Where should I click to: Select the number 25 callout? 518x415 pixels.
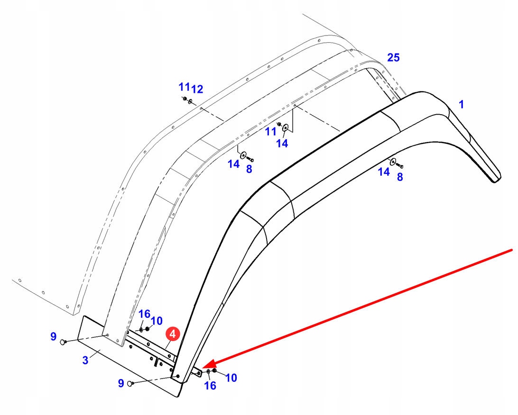click(x=393, y=58)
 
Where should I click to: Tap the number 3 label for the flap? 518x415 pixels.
click(x=85, y=360)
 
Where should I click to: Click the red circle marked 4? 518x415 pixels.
click(x=172, y=334)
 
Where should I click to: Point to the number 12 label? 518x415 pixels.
click(x=197, y=89)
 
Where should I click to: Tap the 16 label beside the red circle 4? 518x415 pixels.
click(x=145, y=314)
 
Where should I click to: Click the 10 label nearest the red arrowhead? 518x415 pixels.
click(x=231, y=378)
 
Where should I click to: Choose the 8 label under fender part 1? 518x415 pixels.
click(x=400, y=177)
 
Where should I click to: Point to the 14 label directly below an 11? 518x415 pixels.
click(x=282, y=143)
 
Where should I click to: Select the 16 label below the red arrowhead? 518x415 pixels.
click(x=210, y=386)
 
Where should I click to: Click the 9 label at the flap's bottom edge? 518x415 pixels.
click(x=121, y=382)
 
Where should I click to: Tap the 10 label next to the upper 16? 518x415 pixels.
click(x=157, y=320)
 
